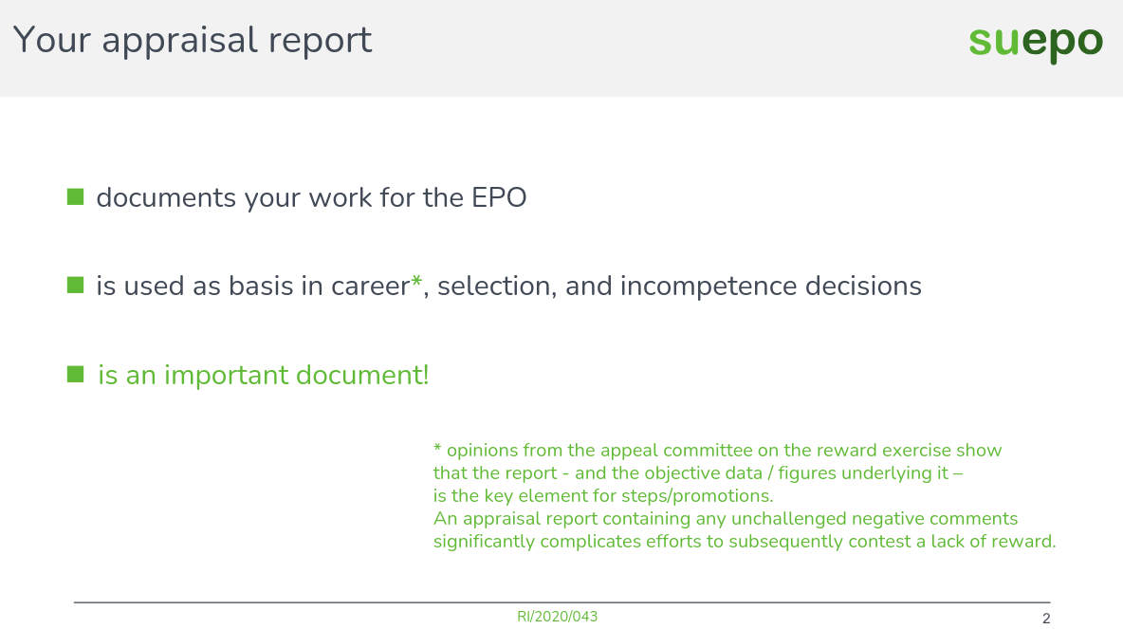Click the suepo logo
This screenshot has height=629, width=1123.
pyautogui.click(x=1036, y=43)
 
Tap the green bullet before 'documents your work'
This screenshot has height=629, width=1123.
pyautogui.click(x=76, y=197)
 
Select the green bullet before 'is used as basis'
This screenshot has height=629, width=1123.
pyautogui.click(x=76, y=285)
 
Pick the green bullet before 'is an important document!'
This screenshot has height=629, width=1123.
pyautogui.click(x=76, y=375)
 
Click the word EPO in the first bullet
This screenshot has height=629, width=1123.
pyautogui.click(x=499, y=198)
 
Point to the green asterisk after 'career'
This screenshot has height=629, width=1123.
pyautogui.click(x=415, y=284)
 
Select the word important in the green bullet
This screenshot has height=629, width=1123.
pyautogui.click(x=226, y=376)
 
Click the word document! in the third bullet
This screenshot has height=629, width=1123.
pyautogui.click(x=362, y=376)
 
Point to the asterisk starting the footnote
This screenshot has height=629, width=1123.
pyautogui.click(x=437, y=450)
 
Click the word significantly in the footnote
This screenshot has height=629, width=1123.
pyautogui.click(x=485, y=542)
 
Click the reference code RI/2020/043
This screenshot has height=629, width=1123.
pyautogui.click(x=558, y=617)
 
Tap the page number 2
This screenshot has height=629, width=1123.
pyautogui.click(x=1046, y=620)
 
